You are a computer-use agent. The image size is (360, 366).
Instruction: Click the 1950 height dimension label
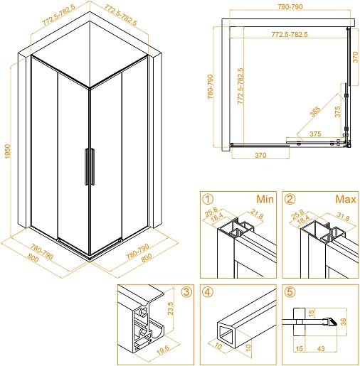coord(8,151)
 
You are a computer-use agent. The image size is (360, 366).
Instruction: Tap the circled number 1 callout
coord(208,199)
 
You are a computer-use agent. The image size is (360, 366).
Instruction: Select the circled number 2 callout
coord(290,199)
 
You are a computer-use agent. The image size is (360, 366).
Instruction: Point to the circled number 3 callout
coord(186,292)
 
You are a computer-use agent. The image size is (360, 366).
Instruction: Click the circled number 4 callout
coord(208,292)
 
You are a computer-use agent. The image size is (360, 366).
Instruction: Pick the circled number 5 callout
coord(290,292)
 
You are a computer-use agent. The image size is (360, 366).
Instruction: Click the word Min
coord(265,199)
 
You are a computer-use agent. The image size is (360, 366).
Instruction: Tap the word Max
coord(346,199)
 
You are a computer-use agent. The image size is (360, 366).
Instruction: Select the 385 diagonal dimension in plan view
coord(315,112)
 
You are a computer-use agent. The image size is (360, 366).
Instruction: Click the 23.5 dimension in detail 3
coord(171,308)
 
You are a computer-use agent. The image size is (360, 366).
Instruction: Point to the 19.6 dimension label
coord(163,350)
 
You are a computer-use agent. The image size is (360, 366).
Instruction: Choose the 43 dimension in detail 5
coord(321,348)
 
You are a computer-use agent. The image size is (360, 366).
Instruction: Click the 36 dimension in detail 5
coord(343,321)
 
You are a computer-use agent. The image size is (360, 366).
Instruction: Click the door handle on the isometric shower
coord(90,166)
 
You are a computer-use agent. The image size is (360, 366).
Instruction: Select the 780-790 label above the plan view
coord(290,7)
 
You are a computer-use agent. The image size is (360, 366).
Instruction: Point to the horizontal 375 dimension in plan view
coord(315,134)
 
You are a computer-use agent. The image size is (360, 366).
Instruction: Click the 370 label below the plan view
coord(260,155)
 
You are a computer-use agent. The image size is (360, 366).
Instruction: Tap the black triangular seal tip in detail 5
coord(332,322)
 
